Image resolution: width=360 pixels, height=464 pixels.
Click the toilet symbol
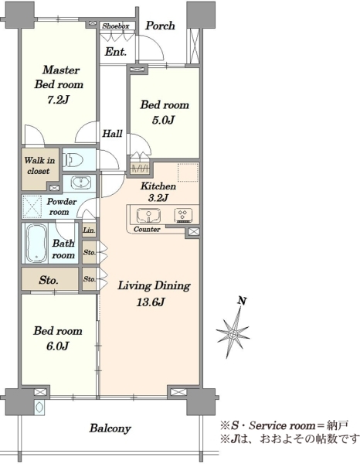[x=73, y=160]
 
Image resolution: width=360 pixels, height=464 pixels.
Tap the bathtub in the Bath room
[x=37, y=243]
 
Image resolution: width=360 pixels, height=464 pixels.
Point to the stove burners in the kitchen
[x=183, y=215]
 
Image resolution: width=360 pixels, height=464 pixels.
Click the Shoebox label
[x=116, y=26]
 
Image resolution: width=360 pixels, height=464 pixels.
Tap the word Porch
[x=160, y=26]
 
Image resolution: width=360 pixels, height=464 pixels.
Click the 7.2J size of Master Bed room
[x=58, y=100]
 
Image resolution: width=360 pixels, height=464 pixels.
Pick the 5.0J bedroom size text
[x=164, y=120]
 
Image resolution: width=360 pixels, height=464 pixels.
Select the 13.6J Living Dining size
[x=151, y=302]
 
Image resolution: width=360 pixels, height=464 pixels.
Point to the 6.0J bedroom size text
[x=58, y=346]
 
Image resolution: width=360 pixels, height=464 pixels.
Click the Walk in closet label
[x=39, y=165]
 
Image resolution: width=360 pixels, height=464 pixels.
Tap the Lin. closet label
[x=89, y=230]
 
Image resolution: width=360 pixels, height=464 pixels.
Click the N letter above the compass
[x=243, y=301]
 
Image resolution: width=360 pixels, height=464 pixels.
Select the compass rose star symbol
[x=233, y=333]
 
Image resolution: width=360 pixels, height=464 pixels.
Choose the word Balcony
[x=110, y=428]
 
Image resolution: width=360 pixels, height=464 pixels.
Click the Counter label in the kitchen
[x=147, y=230]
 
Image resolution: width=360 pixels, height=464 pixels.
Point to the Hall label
[x=112, y=134]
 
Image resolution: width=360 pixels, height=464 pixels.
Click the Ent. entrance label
[x=116, y=52]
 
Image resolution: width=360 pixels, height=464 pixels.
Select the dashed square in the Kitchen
[x=188, y=172]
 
